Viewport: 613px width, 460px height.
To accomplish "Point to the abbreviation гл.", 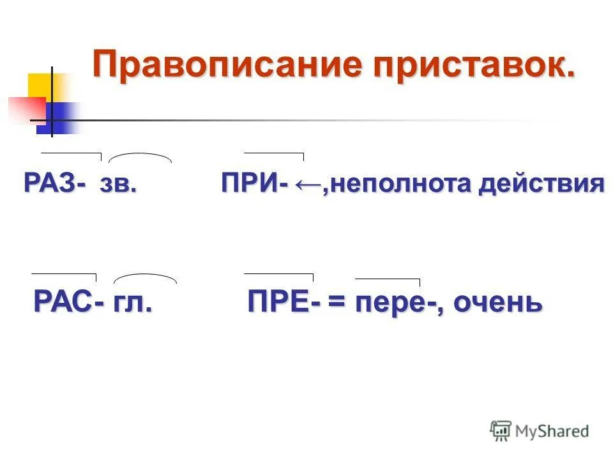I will point(134,300).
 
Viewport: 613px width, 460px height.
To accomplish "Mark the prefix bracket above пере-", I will point(388,280).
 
